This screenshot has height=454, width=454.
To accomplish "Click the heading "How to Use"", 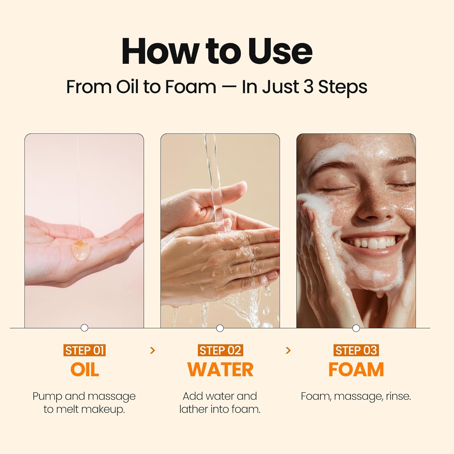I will tap(217, 51).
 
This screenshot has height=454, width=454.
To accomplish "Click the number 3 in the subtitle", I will tap(308, 87).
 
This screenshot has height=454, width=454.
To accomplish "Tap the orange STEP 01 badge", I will tap(84, 350).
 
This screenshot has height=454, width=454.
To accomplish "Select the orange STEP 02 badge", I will tap(220, 350).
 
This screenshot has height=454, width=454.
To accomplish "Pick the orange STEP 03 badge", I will tap(356, 350).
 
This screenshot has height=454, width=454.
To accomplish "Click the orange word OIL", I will tap(84, 370).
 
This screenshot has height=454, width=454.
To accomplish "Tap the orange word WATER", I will tap(220, 370).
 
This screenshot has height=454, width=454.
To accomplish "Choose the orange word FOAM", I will tap(356, 370).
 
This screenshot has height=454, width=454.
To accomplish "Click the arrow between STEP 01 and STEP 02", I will tap(153, 350).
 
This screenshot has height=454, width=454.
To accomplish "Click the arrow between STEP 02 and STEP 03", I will tap(288, 350).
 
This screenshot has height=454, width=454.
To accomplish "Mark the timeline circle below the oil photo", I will tap(84, 328).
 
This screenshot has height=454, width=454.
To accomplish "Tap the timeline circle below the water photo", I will tap(220, 328).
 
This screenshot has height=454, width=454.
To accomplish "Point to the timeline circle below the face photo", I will tap(356, 328).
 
